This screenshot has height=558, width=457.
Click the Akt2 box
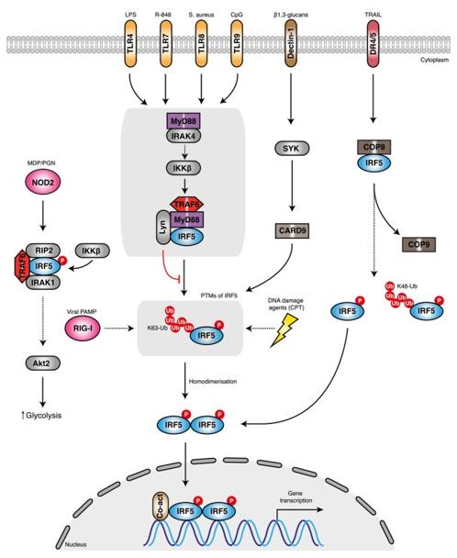click(x=43, y=364)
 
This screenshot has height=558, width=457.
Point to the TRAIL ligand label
click(x=373, y=16)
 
